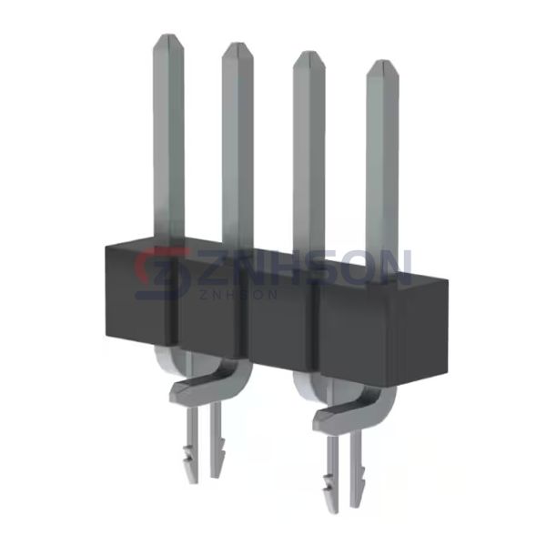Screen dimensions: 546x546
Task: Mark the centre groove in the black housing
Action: click(x=246, y=318)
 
